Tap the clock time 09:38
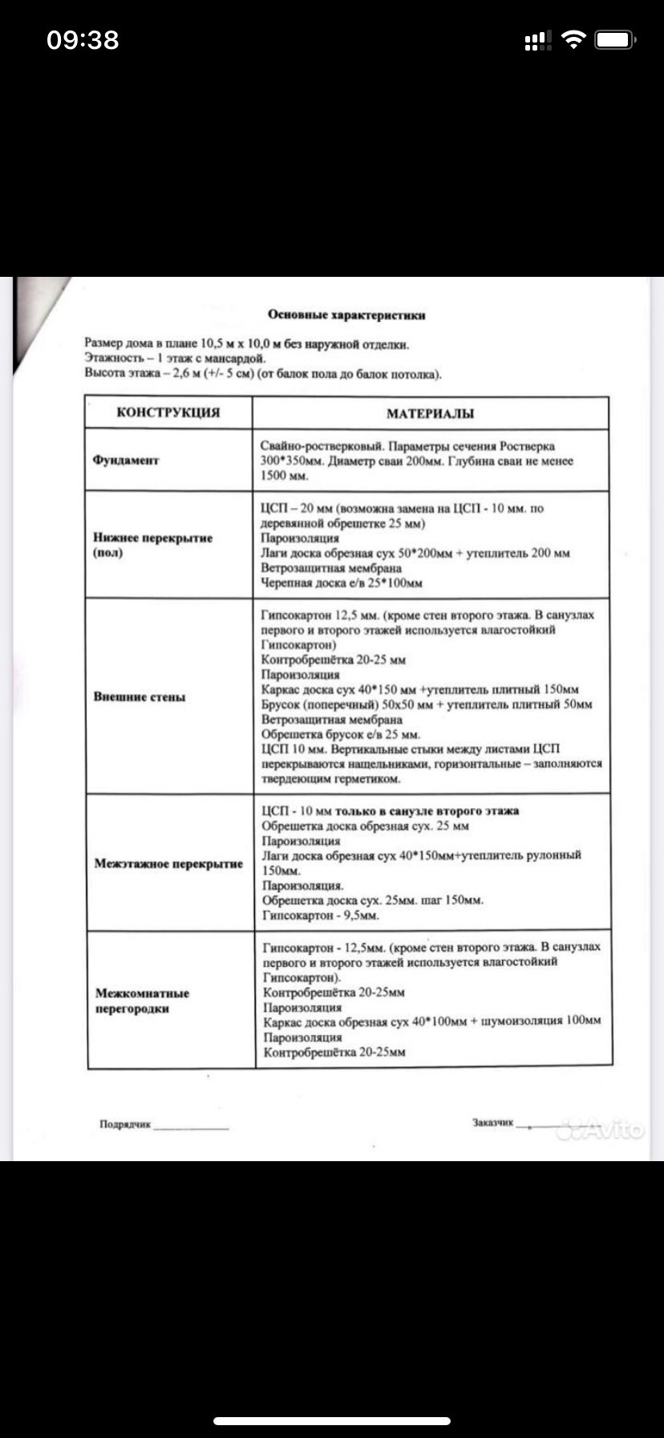pos(83,40)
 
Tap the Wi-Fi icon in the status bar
pos(573,40)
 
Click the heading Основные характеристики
pos(346,315)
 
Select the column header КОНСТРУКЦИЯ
pos(168,412)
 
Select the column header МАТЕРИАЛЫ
pos(430,414)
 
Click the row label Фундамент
pos(127,461)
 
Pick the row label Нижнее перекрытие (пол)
pos(152,545)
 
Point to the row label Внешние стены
pos(140,697)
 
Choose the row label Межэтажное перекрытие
pos(168,863)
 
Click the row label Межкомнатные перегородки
pos(143,1001)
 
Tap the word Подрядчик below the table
pos(125,1124)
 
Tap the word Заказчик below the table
pos(492,1123)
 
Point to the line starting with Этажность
pos(175,359)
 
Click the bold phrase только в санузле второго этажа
pos(427,810)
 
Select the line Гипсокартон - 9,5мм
pos(321,916)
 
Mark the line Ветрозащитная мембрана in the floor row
pos(331,568)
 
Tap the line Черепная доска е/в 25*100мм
pos(341,583)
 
